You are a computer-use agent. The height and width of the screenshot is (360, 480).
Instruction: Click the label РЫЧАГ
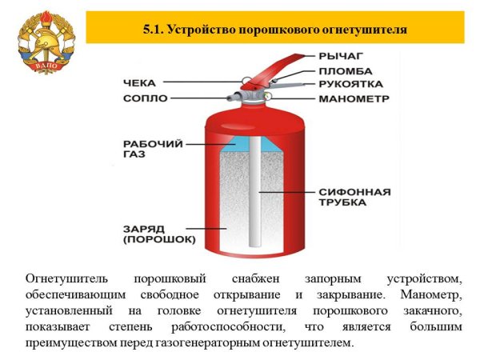point(342,56)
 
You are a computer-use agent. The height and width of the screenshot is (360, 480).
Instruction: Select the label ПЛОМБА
point(344,70)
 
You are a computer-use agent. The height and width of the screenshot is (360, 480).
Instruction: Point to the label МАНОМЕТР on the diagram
point(354,99)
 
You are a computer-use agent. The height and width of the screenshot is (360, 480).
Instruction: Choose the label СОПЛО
point(145,98)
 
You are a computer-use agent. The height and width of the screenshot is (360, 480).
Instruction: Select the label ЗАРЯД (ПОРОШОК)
point(159,234)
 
